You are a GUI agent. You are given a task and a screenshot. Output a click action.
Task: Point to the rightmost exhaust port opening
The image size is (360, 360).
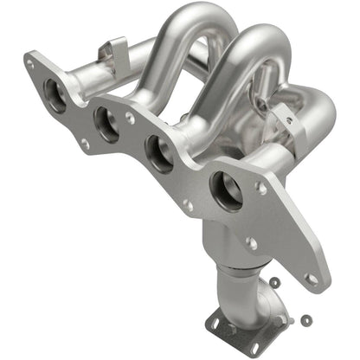tap(226, 191)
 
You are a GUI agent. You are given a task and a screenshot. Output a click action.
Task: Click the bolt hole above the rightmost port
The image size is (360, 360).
tap(262, 186)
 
